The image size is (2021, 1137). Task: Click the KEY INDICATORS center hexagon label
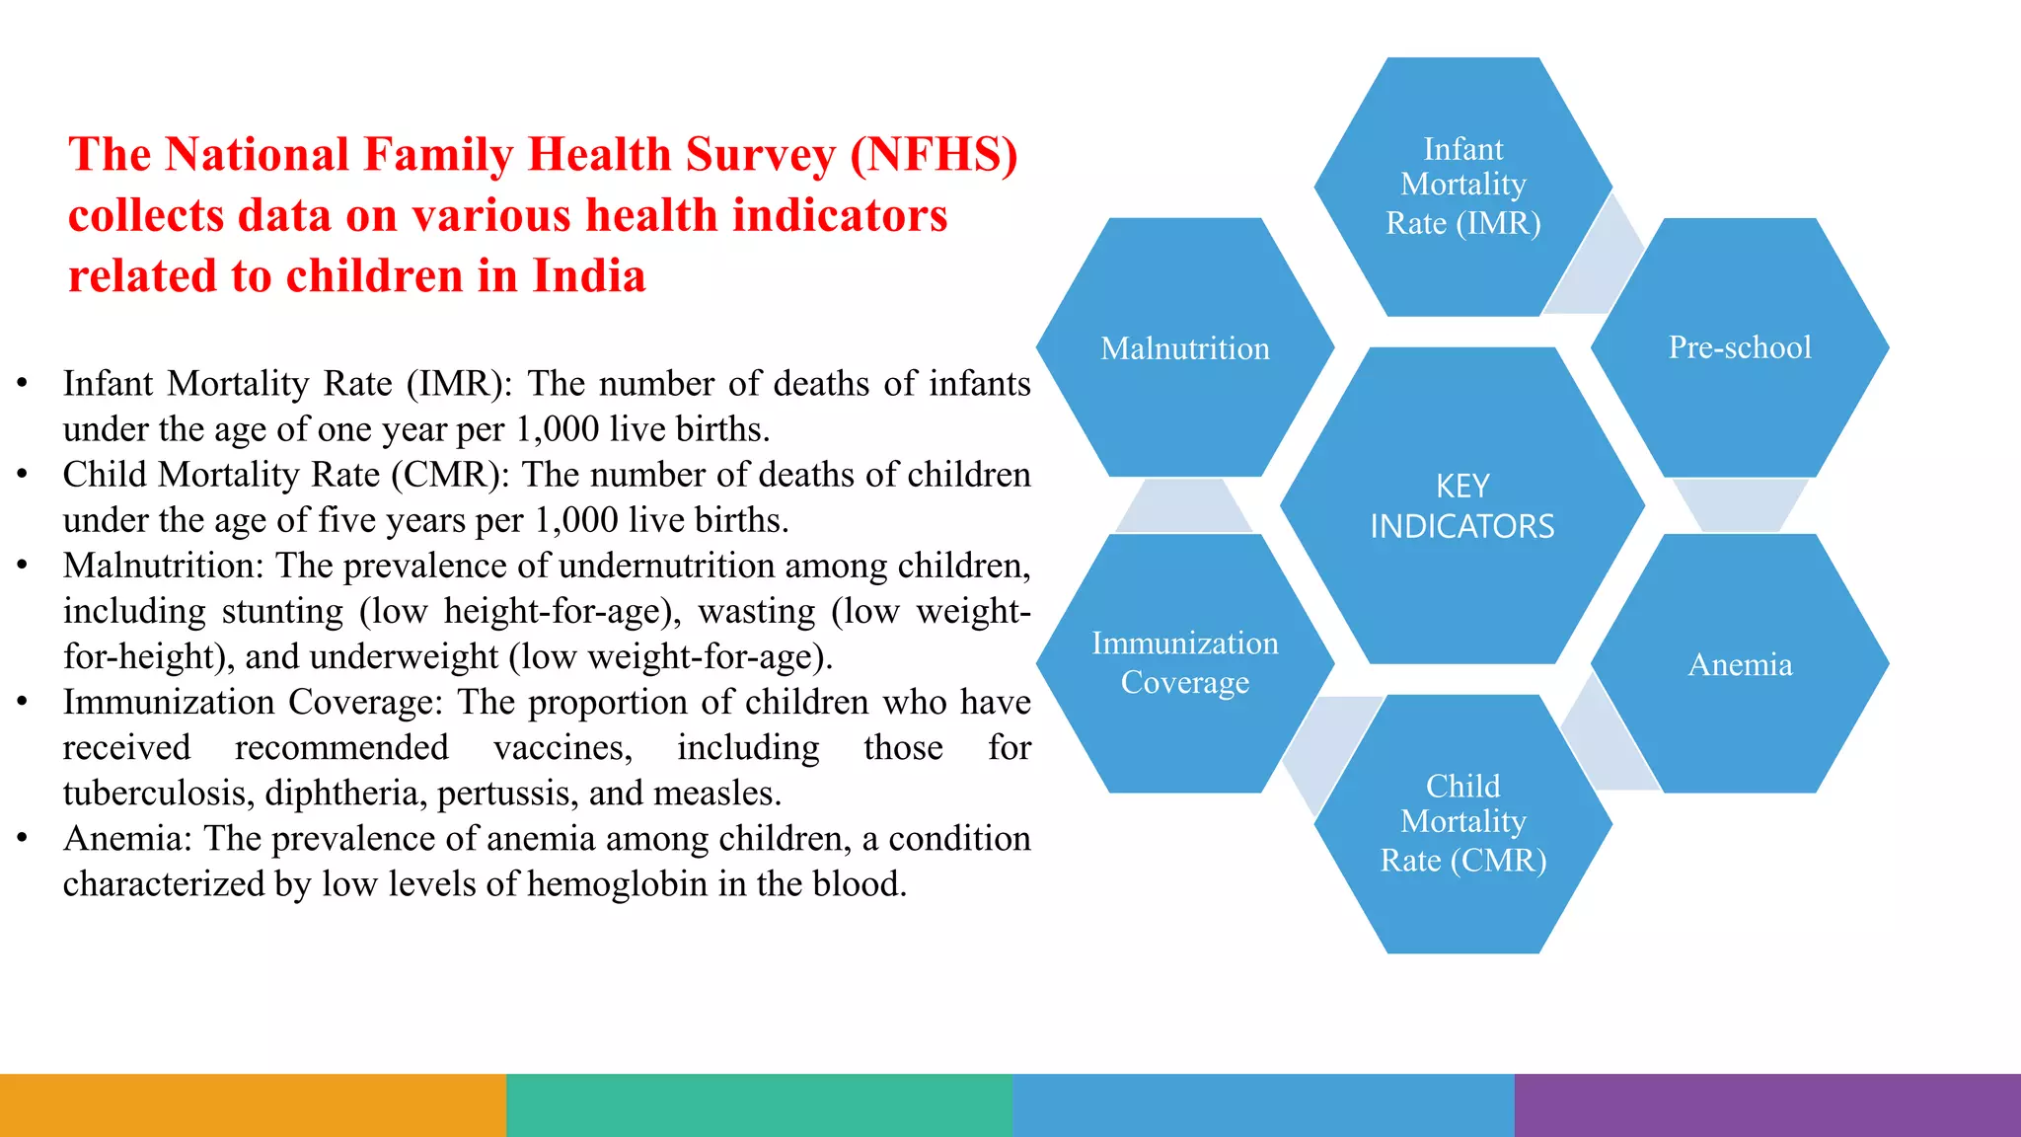1461,506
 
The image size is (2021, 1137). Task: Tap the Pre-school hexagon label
1739,347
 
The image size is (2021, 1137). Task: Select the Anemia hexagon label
1739,664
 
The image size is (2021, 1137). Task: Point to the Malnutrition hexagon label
1184,348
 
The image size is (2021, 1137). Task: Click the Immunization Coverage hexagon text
1184,662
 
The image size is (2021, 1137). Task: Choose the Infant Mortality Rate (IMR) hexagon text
1462,186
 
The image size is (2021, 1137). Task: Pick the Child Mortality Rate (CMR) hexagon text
1462,822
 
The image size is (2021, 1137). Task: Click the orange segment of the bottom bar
253,1105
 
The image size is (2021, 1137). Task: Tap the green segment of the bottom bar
759,1105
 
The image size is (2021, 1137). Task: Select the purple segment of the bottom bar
1767,1105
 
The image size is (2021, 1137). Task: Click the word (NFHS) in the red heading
933,155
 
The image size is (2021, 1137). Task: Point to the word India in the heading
589,276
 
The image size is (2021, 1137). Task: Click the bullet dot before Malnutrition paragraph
22,566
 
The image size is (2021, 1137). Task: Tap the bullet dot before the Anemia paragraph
22,838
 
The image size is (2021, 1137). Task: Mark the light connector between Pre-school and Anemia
1739,504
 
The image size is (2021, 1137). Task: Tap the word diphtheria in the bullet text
345,794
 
